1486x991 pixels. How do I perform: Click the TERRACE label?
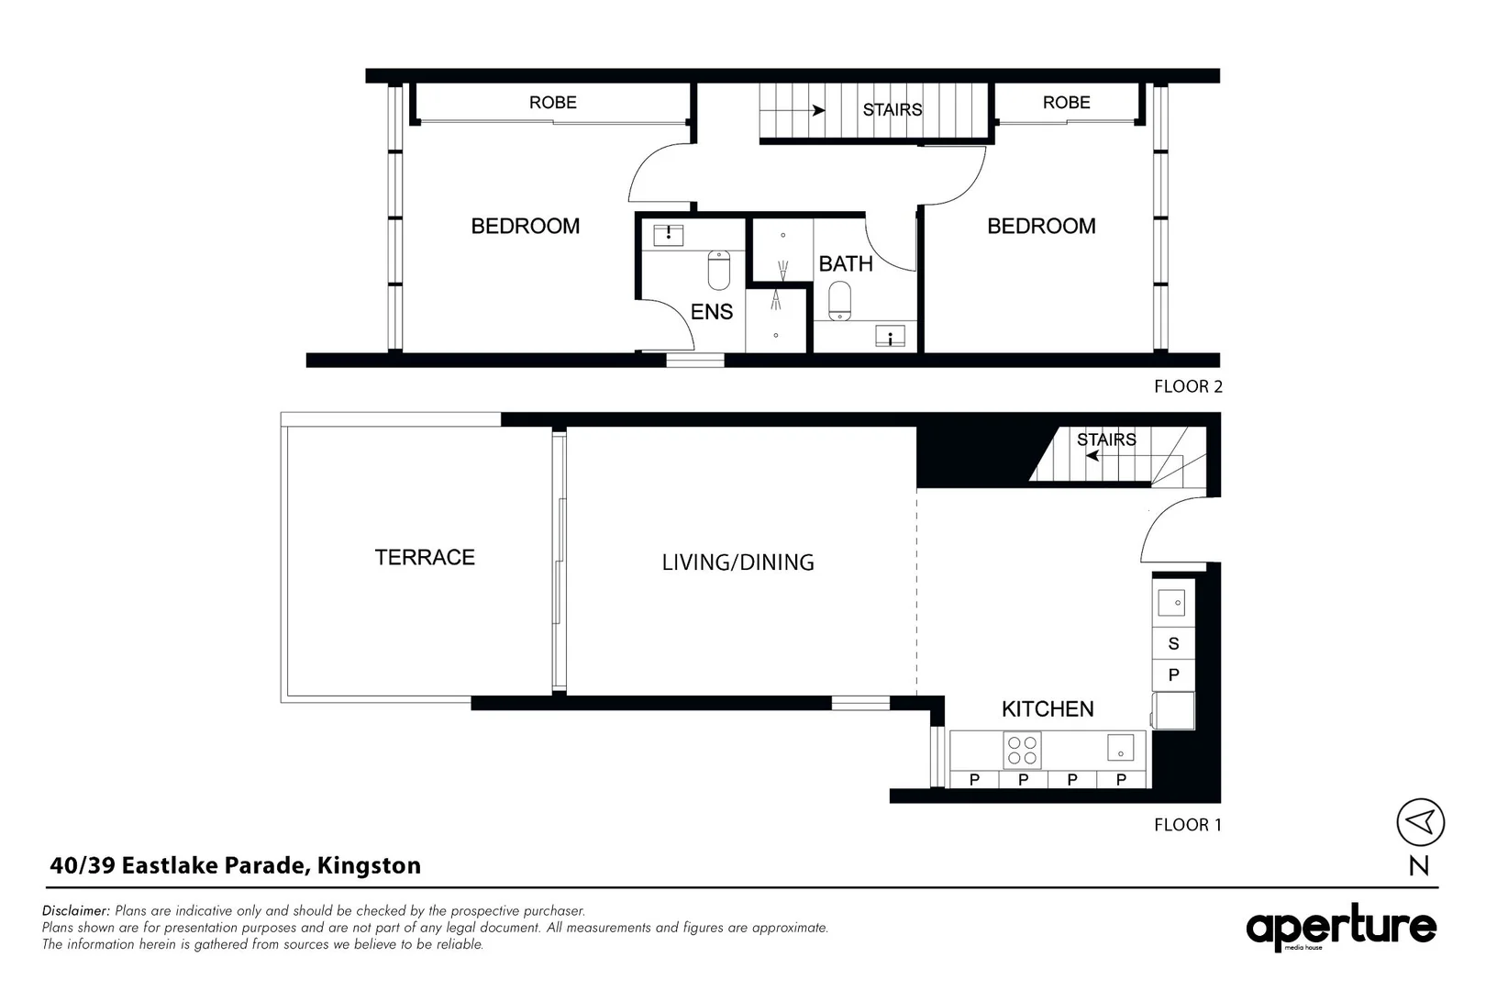tap(425, 557)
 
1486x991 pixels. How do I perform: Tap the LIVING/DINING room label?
tap(737, 562)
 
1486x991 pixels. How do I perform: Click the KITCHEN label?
tap(1048, 709)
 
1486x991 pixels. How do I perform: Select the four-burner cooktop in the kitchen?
tap(1022, 750)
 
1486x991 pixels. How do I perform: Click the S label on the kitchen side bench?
tap(1173, 643)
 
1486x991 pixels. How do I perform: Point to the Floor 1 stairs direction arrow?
tap(1092, 455)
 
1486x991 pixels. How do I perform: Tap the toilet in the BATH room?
tap(839, 300)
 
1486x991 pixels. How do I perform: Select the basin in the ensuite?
tap(668, 234)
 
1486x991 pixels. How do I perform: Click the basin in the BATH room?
tap(890, 337)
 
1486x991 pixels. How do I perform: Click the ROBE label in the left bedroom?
tap(552, 103)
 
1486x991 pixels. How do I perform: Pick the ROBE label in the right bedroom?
tap(1066, 103)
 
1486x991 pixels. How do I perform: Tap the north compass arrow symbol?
tap(1420, 821)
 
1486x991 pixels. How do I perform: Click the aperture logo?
tap(1340, 928)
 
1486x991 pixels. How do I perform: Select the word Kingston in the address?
tap(369, 865)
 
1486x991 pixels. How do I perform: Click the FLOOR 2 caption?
tap(1188, 386)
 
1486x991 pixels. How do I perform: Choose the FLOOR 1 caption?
tap(1187, 825)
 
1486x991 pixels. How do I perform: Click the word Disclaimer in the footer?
tap(76, 911)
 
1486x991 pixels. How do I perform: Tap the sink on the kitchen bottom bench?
tap(1120, 748)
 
